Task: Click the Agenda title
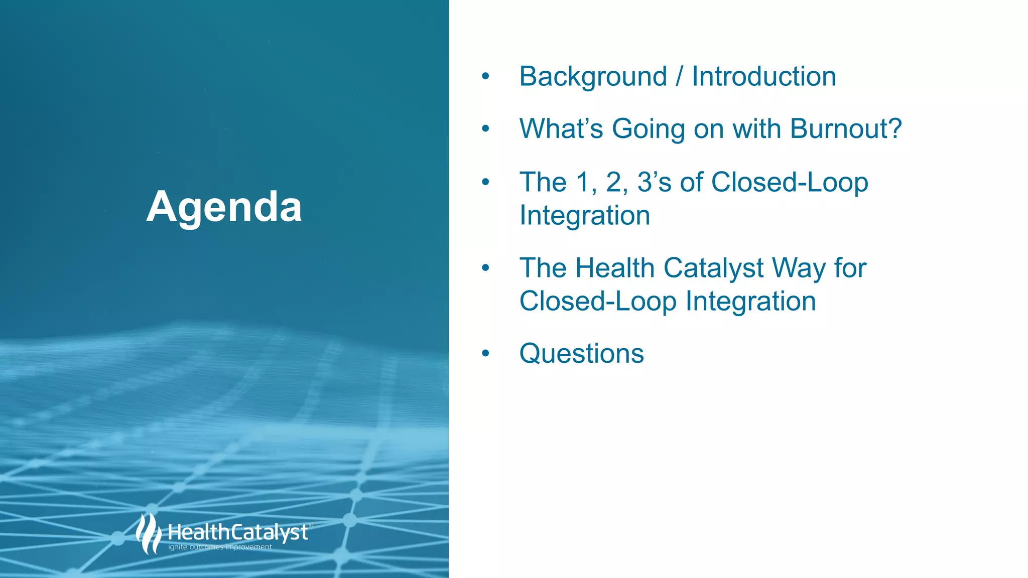[224, 207]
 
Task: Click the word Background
[593, 77]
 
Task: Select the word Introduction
[763, 77]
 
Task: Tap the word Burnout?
[846, 129]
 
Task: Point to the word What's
[561, 129]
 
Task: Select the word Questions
[581, 354]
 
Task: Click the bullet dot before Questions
[485, 353]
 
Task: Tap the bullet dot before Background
[485, 76]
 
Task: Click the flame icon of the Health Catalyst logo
[148, 534]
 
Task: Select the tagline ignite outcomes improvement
[220, 547]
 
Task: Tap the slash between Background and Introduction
[679, 77]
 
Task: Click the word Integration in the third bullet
[584, 216]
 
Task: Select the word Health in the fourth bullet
[614, 268]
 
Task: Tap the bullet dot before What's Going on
[485, 128]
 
